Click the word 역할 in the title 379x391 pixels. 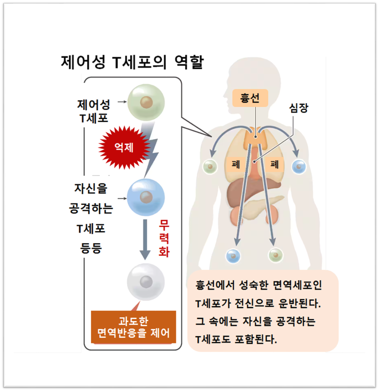(x=189, y=62)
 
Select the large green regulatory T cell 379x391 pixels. (x=146, y=102)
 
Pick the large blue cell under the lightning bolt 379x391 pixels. (x=146, y=197)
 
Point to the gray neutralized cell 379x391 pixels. (x=146, y=282)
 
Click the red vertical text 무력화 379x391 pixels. (x=164, y=238)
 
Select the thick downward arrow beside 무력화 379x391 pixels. (x=145, y=239)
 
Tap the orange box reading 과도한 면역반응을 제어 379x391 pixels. (x=133, y=327)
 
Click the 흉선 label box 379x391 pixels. (x=250, y=98)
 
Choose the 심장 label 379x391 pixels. (x=299, y=108)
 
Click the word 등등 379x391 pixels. (x=91, y=248)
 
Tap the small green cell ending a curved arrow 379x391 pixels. (x=210, y=166)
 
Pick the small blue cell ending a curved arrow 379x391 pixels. (x=299, y=166)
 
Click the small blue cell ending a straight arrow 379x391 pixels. (x=233, y=256)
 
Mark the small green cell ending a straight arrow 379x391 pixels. (x=276, y=255)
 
